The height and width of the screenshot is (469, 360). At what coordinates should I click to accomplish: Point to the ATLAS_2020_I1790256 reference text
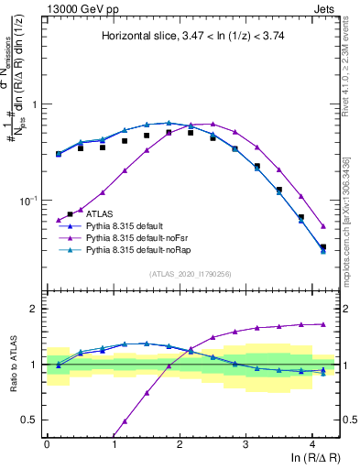(192, 273)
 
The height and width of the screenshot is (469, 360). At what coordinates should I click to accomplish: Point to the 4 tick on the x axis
(312, 442)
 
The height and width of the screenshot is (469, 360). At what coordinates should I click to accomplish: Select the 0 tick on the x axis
(47, 442)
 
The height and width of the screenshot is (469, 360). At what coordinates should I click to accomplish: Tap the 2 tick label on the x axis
(180, 442)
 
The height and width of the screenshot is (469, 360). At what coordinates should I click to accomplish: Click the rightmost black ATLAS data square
(322, 246)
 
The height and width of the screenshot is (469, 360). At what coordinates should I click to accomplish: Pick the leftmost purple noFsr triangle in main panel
(59, 221)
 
